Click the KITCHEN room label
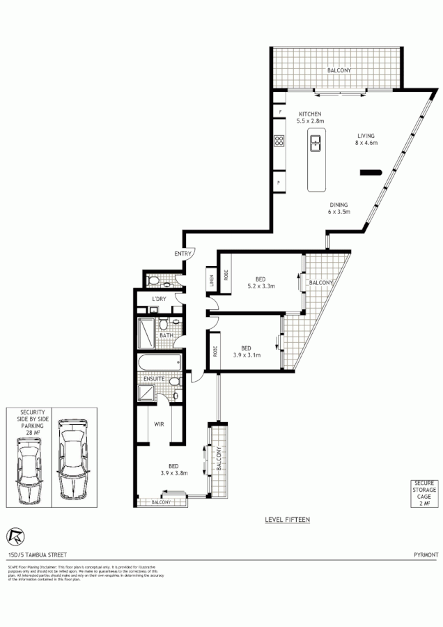pyautogui.click(x=310, y=114)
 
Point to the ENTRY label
pyautogui.click(x=183, y=254)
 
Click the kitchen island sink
pyautogui.click(x=316, y=144)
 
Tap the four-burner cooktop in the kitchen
pyautogui.click(x=279, y=141)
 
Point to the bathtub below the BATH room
pyautogui.click(x=160, y=363)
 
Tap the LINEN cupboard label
pyautogui.click(x=210, y=281)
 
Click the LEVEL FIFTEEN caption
pyautogui.click(x=288, y=520)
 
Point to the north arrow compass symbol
pyautogui.click(x=14, y=536)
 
